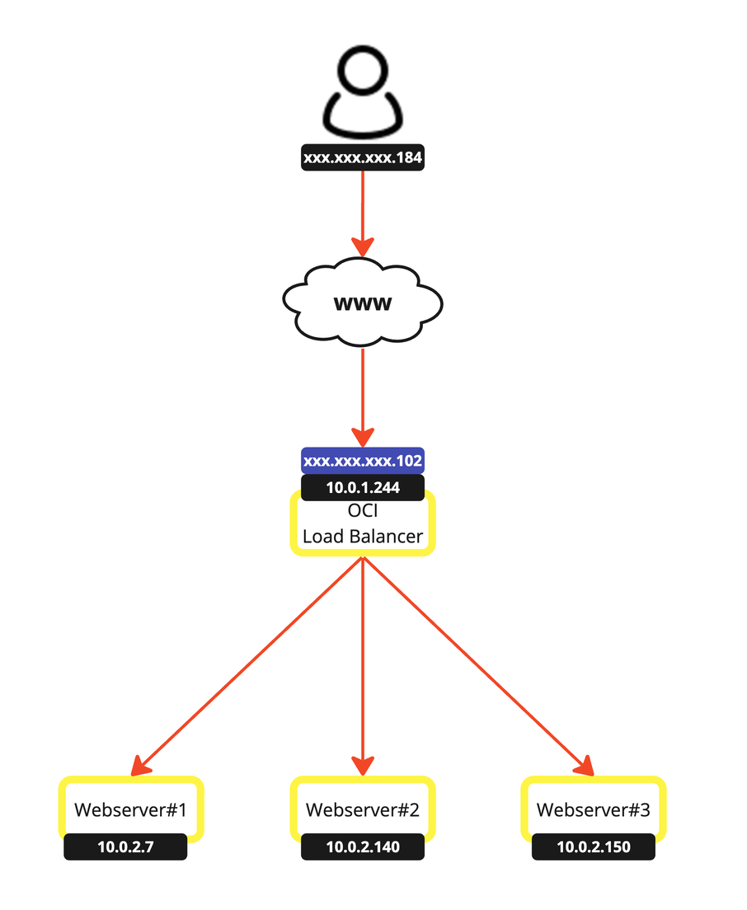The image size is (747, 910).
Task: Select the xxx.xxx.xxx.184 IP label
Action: pos(363,158)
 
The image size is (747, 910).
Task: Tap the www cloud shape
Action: pos(363,303)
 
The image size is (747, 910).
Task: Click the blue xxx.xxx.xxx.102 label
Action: pos(363,460)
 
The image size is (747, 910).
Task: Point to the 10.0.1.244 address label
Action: pos(363,487)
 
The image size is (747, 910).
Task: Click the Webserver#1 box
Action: pos(130,809)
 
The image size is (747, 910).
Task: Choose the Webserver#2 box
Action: pos(363,809)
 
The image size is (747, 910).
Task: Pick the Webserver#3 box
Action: pos(594,809)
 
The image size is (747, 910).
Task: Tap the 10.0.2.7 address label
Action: pos(125,847)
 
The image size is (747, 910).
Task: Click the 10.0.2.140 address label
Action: pos(363,847)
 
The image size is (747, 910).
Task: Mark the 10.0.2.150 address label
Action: pos(594,847)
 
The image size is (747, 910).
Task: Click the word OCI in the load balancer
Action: pos(363,510)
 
